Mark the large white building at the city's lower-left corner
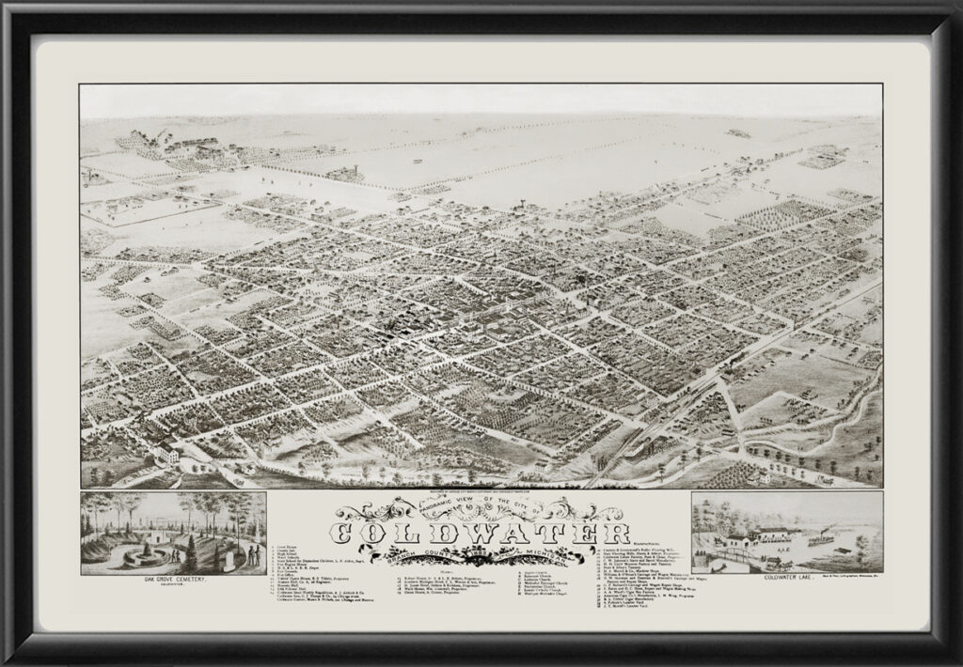166,454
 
